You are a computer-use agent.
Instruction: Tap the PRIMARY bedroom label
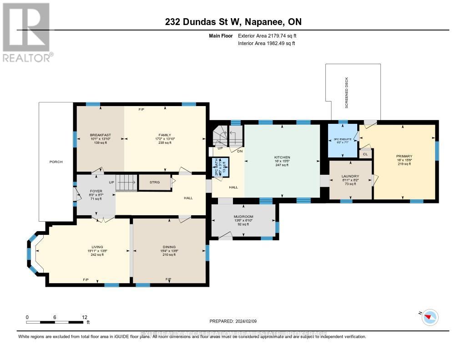[x=403, y=156]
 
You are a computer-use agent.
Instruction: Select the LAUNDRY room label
[x=350, y=176]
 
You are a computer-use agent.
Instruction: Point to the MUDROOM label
[x=243, y=217]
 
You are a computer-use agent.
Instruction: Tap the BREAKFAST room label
[x=100, y=135]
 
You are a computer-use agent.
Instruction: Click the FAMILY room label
[x=165, y=135]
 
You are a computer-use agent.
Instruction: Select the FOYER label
[x=95, y=191]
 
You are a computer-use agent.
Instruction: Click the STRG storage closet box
[x=154, y=183]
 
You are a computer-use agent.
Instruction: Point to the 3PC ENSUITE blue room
[x=343, y=140]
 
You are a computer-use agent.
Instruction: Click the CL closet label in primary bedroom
[x=365, y=154]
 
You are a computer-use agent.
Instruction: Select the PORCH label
[x=56, y=162]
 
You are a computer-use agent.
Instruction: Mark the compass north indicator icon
[x=430, y=317]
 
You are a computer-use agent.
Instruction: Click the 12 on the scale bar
[x=84, y=317]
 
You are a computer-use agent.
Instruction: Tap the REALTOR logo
[x=26, y=32]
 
